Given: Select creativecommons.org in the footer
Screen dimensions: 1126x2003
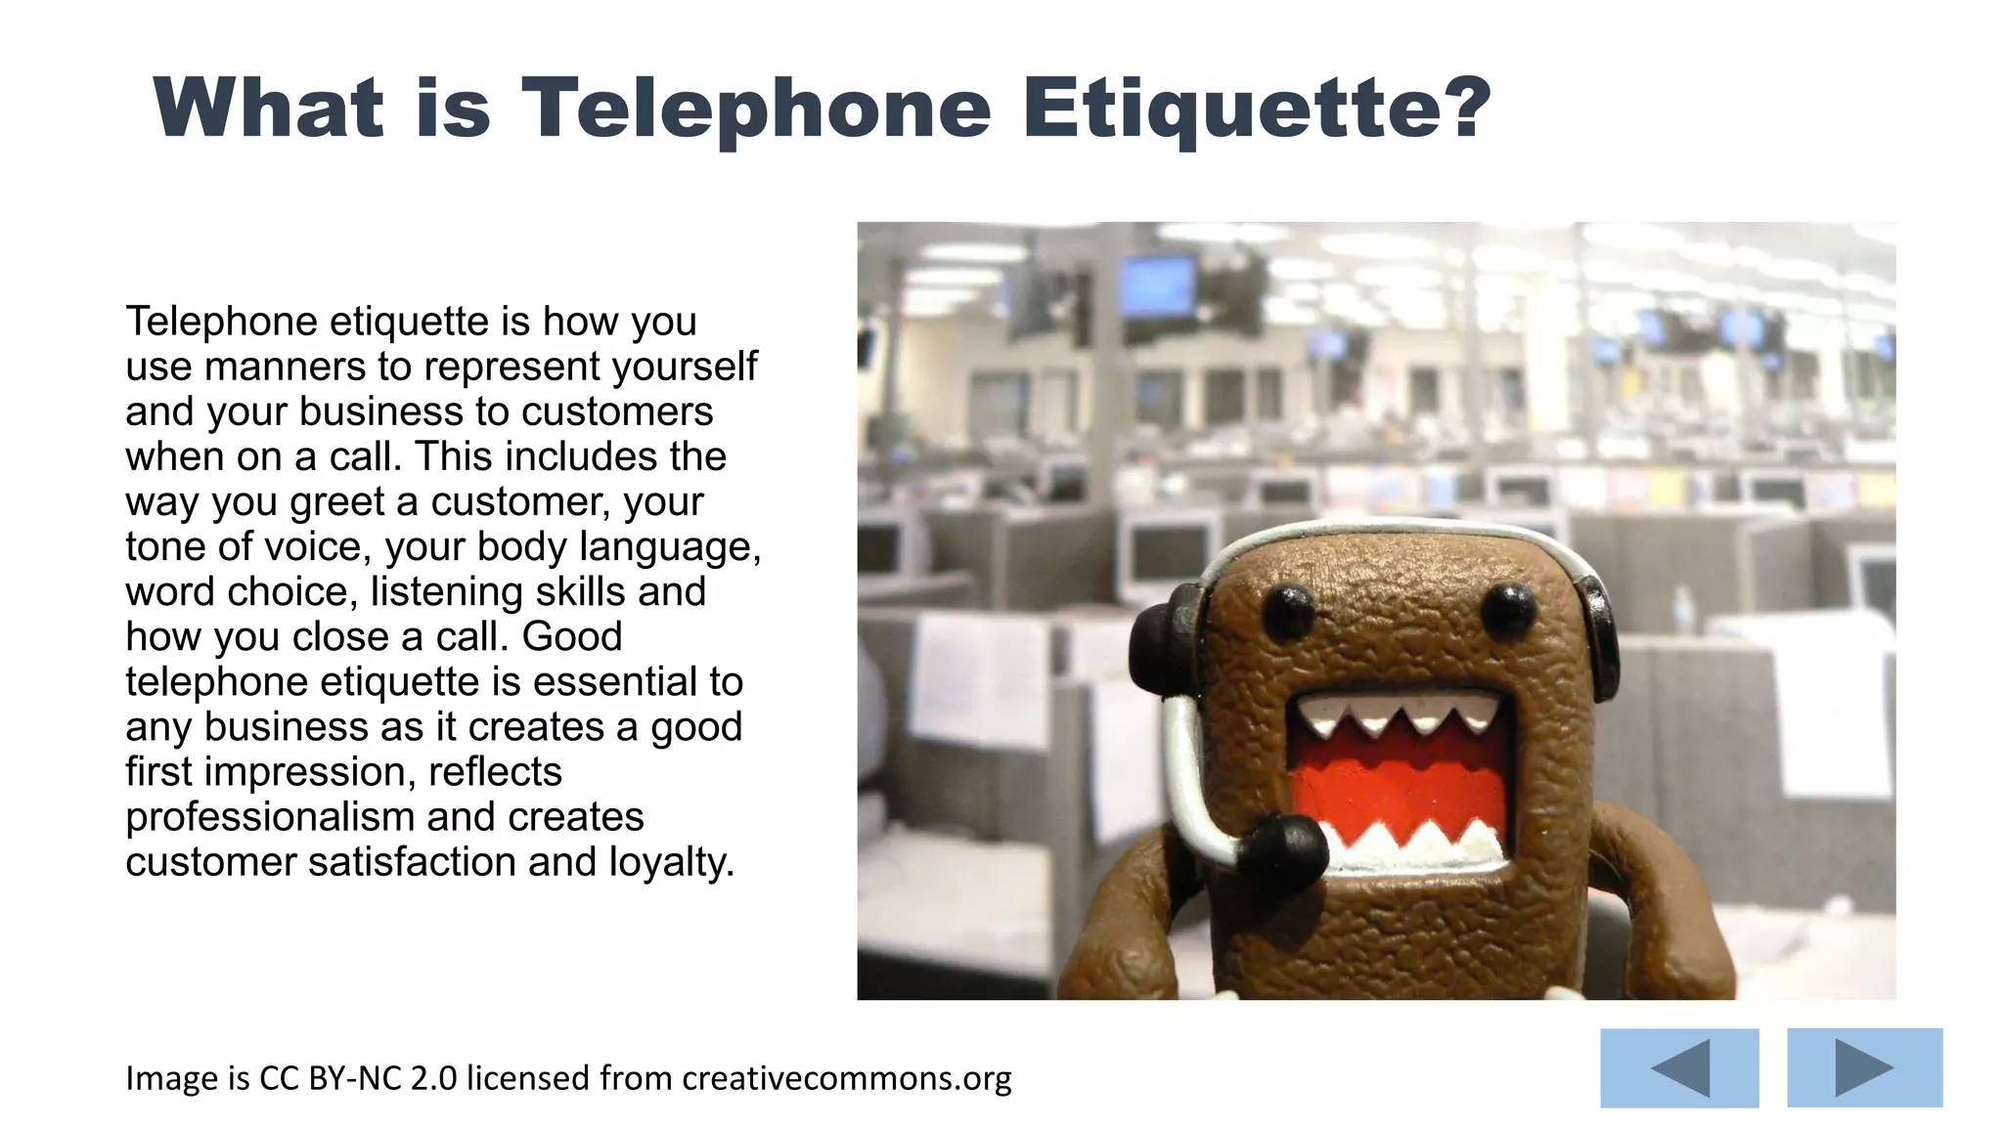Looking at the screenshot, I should coord(846,1078).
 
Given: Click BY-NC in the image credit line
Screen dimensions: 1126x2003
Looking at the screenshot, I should coord(354,1078).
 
